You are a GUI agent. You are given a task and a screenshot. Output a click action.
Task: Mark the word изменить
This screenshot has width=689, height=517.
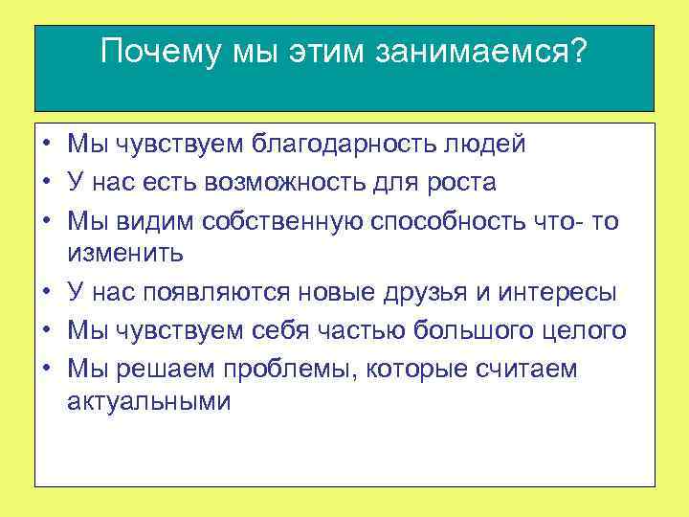[x=131, y=254]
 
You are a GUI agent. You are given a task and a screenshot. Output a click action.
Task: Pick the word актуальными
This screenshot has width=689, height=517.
[x=149, y=402]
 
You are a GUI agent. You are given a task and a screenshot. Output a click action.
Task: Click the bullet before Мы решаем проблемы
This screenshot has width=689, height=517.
[x=46, y=369]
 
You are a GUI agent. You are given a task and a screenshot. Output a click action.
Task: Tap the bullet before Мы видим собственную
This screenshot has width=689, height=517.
[x=46, y=220]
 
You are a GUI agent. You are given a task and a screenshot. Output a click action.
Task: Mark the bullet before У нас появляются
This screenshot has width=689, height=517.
[x=46, y=292]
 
